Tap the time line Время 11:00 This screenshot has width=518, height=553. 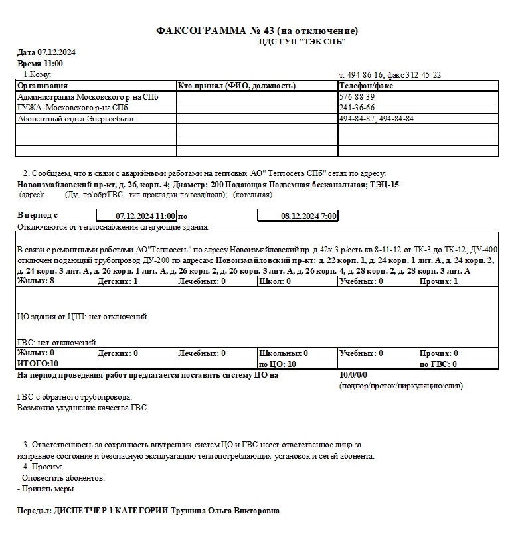coord(40,63)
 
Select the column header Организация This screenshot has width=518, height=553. coord(43,86)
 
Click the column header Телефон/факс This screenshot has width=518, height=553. coord(366,86)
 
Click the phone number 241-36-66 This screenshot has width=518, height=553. coord(357,108)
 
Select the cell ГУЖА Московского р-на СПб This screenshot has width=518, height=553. coord(72,108)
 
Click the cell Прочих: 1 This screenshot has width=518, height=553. coord(438,281)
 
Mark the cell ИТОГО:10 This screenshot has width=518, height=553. coord(38,364)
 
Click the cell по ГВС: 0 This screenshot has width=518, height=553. coord(438,364)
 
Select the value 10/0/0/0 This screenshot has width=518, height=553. coord(353,375)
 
